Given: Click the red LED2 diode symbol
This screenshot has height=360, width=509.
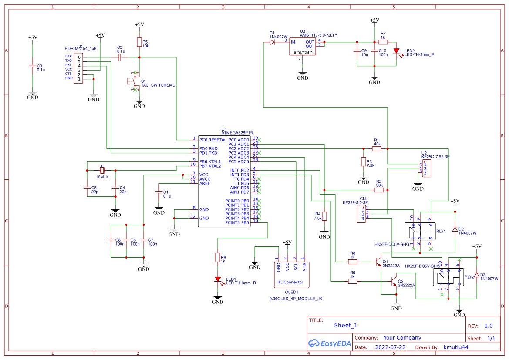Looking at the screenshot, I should click(x=396, y=50).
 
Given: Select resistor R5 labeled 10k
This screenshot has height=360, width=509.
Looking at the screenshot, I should click(x=139, y=42).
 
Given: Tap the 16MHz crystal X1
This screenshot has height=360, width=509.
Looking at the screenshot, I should click(x=102, y=171).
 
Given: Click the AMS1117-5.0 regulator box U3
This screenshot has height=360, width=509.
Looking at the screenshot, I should click(x=303, y=46).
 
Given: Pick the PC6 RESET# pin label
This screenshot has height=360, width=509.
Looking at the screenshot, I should click(x=212, y=140).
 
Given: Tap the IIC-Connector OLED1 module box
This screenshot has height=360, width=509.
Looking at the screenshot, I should click(x=291, y=275).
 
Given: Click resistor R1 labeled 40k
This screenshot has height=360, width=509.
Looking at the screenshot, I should click(x=377, y=148).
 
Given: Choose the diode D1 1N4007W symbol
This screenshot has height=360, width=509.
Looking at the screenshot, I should click(x=273, y=42).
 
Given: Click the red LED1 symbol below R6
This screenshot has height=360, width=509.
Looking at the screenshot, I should click(x=218, y=279).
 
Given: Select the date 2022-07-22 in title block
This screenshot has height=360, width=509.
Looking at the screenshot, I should click(x=390, y=347).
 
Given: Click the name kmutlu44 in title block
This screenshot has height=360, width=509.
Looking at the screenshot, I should click(x=456, y=347).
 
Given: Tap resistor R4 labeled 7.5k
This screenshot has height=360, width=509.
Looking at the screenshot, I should click(x=324, y=216).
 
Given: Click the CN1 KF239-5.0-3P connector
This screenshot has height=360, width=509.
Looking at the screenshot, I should click(x=361, y=213).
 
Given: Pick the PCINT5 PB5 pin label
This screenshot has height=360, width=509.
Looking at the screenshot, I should click(x=237, y=222).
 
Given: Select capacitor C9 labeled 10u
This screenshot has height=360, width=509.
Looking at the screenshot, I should click(x=357, y=51).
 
